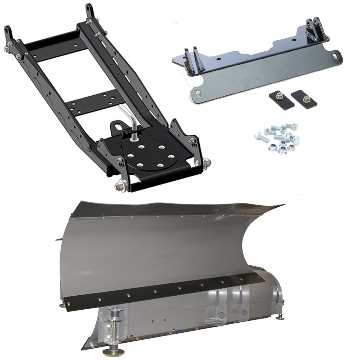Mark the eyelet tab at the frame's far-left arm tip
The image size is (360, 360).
coord(7,33)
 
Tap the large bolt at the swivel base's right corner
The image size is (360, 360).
coord(207,162)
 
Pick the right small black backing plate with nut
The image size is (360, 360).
coord(304,99)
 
